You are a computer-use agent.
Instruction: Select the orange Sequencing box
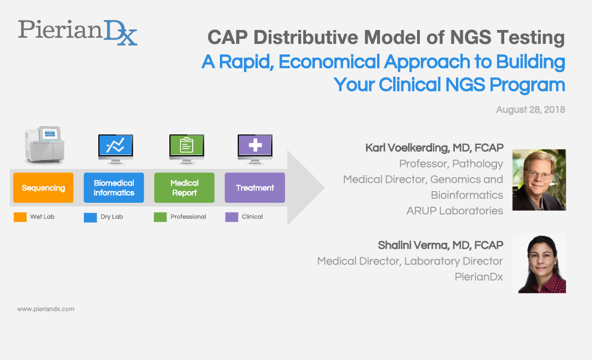tap(43, 188)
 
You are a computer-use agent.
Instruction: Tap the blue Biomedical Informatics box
tap(114, 188)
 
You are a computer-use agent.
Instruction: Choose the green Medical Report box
tap(184, 188)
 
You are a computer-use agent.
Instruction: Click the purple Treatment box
tap(255, 188)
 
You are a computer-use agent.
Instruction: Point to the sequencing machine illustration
tap(44, 145)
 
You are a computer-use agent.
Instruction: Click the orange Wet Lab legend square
tap(20, 217)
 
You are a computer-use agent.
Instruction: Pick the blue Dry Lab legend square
tap(90, 217)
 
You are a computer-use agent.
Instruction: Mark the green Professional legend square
tap(160, 217)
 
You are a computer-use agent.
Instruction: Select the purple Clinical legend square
tap(232, 217)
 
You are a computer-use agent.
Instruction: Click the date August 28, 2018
tap(530, 109)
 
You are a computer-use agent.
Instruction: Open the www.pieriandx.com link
tap(46, 309)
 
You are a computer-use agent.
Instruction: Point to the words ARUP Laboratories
tap(454, 211)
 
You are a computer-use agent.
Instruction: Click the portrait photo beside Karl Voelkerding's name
tap(539, 179)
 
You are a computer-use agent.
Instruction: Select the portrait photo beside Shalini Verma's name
tap(539, 263)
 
